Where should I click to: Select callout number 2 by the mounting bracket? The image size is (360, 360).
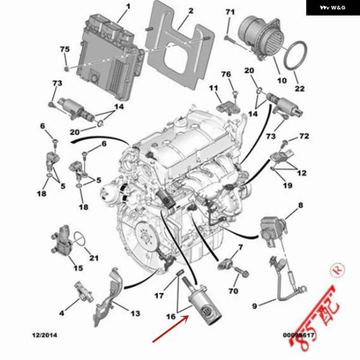click(190, 11)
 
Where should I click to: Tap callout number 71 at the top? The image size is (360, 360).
click(230, 12)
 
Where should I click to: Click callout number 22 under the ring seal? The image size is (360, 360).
click(299, 89)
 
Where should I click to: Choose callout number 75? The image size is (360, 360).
click(64, 49)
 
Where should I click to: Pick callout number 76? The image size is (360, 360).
click(226, 74)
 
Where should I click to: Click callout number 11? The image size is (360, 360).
click(214, 89)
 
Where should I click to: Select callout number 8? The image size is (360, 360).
click(301, 205)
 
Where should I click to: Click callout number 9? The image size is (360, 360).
click(254, 306)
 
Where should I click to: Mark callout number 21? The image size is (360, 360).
click(94, 259)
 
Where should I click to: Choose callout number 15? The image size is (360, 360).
click(78, 268)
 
